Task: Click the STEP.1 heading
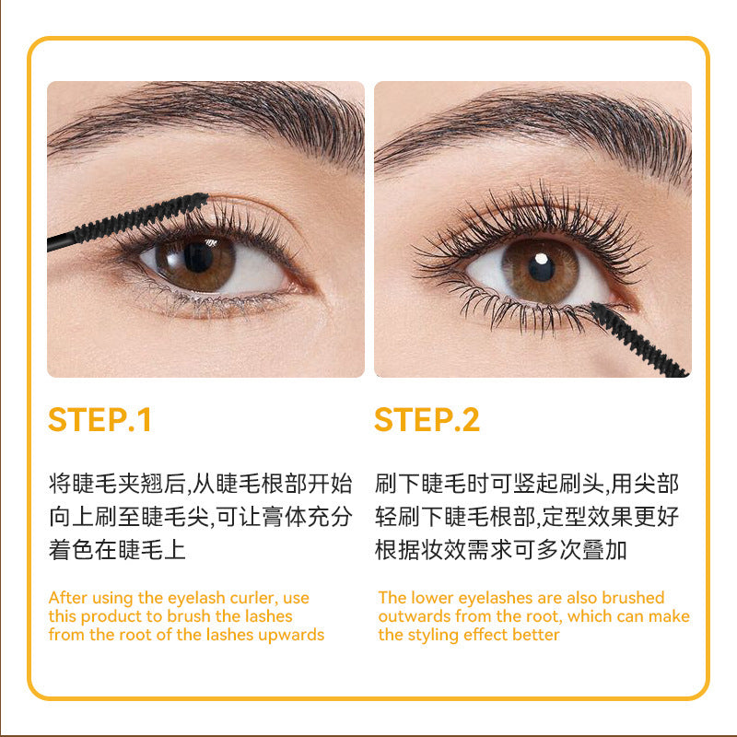pyautogui.click(x=99, y=419)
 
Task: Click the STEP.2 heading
pyautogui.click(x=427, y=419)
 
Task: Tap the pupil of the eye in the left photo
pyautogui.click(x=198, y=257)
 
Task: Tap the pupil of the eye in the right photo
pyautogui.click(x=541, y=266)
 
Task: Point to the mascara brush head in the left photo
pyautogui.click(x=141, y=216)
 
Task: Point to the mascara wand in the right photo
pyautogui.click(x=638, y=339)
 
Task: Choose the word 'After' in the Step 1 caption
pyautogui.click(x=67, y=598)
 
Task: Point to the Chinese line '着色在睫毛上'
pyautogui.click(x=117, y=549)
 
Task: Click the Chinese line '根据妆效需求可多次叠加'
pyautogui.click(x=500, y=549)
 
